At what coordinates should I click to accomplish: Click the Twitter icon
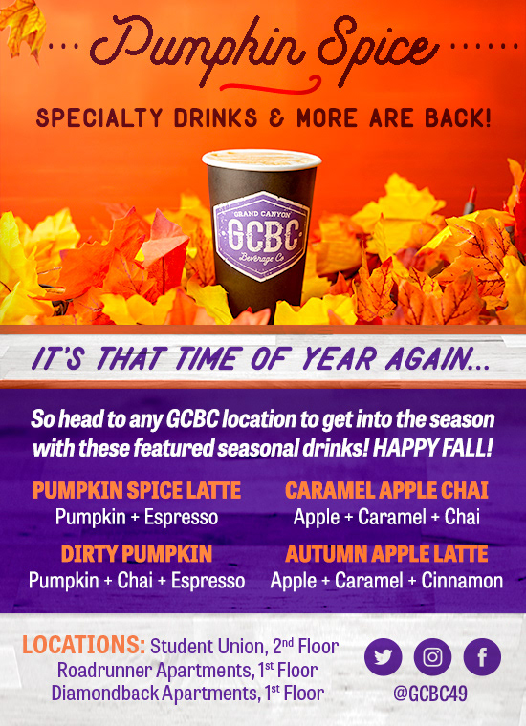(x=384, y=657)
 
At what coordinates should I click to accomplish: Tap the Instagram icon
(x=432, y=657)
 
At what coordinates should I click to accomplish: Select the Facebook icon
(x=482, y=657)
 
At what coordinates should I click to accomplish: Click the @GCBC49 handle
(x=430, y=694)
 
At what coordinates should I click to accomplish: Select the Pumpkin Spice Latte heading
(x=137, y=491)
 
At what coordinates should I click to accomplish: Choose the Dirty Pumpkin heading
(x=137, y=554)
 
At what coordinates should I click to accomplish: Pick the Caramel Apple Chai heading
(x=386, y=491)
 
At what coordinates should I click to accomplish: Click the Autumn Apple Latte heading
(x=386, y=554)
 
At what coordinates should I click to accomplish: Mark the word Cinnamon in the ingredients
(x=462, y=580)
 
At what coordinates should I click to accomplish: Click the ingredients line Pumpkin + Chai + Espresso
(x=137, y=580)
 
